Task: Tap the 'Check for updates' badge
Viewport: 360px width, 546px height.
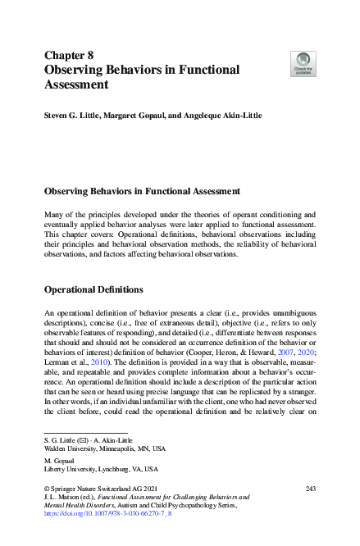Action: [303, 63]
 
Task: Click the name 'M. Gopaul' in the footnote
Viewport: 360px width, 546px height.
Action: [57, 461]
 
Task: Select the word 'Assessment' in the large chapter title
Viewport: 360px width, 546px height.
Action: [76, 84]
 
